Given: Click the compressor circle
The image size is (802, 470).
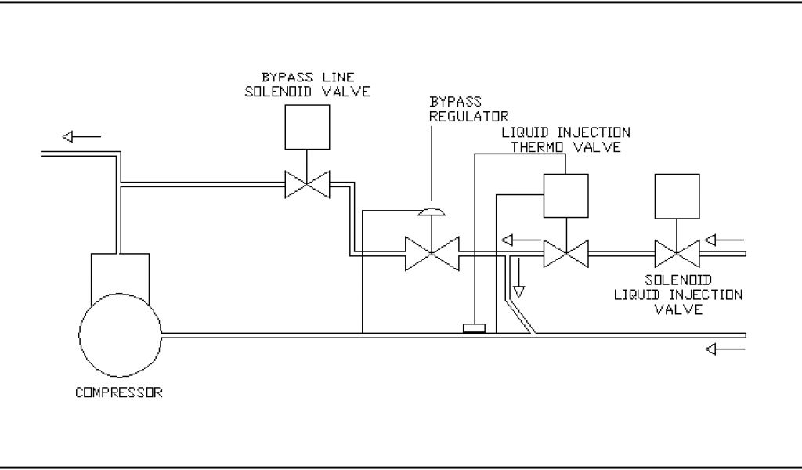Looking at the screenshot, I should click(x=121, y=336).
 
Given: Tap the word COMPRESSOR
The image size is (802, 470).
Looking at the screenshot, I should click(x=119, y=392).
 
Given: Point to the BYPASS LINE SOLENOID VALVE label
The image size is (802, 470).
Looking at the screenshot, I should click(x=307, y=84).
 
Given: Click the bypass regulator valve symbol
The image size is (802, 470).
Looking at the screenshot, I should click(x=430, y=252).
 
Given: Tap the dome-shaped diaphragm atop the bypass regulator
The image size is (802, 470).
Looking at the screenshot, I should click(x=430, y=211).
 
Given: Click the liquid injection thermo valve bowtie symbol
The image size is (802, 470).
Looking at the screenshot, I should click(x=565, y=253).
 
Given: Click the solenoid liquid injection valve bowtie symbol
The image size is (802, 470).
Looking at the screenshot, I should click(x=677, y=253).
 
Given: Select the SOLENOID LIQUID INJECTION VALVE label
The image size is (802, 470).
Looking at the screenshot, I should click(x=678, y=294).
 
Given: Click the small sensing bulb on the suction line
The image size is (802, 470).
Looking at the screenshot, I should click(x=475, y=328).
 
